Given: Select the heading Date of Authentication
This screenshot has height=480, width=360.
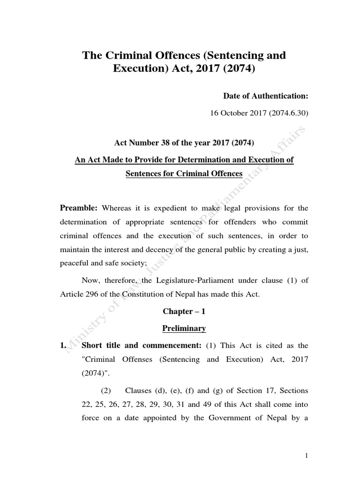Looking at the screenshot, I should [x=265, y=96].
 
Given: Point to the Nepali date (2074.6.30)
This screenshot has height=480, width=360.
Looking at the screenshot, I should [x=287, y=113].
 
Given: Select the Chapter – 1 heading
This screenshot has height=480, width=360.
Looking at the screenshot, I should [x=184, y=311].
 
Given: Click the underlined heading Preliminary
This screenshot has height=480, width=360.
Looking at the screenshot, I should [x=184, y=329].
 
